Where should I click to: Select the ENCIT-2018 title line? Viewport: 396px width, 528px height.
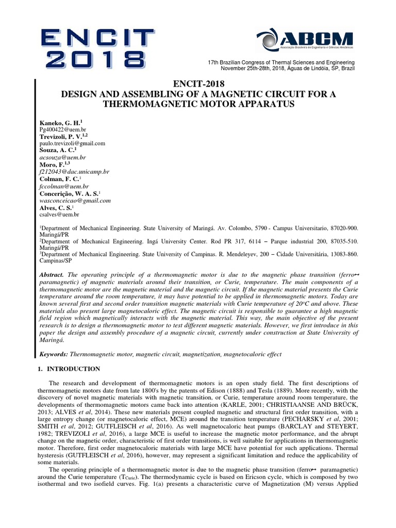point(197,84)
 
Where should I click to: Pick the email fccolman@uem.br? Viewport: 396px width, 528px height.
point(64,186)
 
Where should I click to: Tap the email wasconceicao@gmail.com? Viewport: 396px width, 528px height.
point(75,200)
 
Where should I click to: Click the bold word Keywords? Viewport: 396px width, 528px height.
point(54,355)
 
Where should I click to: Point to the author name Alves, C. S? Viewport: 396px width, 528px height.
point(55,207)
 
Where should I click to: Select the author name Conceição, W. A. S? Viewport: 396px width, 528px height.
point(68,193)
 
